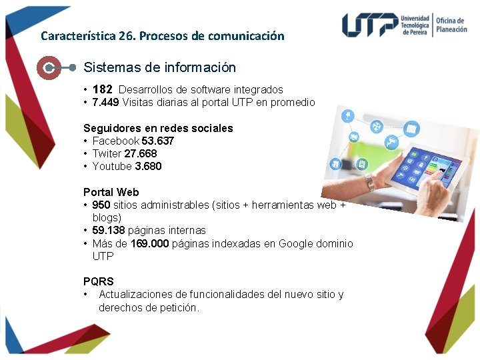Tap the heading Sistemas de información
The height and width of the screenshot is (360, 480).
(160, 67)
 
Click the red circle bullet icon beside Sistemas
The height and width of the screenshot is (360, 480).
(49, 67)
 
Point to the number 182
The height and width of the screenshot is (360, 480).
(103, 89)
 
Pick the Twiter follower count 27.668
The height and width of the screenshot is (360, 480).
(141, 153)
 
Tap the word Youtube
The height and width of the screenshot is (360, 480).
(112, 166)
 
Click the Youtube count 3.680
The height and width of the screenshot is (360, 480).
(148, 166)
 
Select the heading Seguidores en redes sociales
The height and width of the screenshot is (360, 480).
(158, 128)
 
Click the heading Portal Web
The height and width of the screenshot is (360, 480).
(111, 192)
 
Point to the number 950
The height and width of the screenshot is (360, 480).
(101, 205)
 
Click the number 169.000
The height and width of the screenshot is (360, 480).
(150, 243)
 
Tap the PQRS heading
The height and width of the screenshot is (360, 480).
(99, 281)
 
